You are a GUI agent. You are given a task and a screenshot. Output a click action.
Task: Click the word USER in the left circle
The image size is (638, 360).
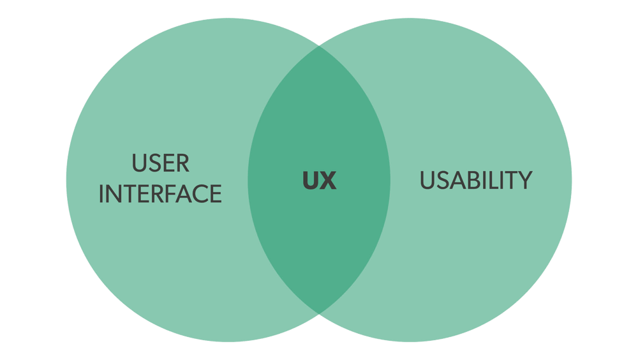pyautogui.click(x=161, y=163)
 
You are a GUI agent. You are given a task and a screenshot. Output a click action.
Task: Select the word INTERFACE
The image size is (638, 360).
pyautogui.click(x=160, y=193)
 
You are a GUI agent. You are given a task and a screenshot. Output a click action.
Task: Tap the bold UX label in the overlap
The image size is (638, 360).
pyautogui.click(x=320, y=181)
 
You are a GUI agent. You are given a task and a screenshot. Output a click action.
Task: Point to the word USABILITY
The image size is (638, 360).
pyautogui.click(x=476, y=180)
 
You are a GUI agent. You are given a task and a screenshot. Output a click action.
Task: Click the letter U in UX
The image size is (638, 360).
pyautogui.click(x=311, y=181)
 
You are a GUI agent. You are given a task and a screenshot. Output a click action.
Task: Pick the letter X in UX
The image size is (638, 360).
pyautogui.click(x=328, y=181)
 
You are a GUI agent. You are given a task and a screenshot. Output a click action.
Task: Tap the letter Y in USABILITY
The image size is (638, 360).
pyautogui.click(x=525, y=180)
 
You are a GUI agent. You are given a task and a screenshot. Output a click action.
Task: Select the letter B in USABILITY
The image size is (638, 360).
pyautogui.click(x=475, y=180)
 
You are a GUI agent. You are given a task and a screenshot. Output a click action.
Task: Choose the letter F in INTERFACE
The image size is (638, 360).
pyautogui.click(x=169, y=193)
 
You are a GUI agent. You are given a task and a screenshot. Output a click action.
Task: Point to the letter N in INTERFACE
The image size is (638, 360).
pyautogui.click(x=113, y=193)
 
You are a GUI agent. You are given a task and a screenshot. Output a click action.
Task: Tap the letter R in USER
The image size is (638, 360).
pyautogui.click(x=182, y=163)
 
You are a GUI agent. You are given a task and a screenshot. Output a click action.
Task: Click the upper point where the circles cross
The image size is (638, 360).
pyautogui.click(x=319, y=46)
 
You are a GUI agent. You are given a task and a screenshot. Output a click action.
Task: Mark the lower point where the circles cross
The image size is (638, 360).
pyautogui.click(x=319, y=313)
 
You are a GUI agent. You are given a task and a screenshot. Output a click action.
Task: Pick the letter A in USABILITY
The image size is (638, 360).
pyautogui.click(x=457, y=180)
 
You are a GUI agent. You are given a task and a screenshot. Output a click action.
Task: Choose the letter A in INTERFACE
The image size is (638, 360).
pyautogui.click(x=182, y=193)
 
